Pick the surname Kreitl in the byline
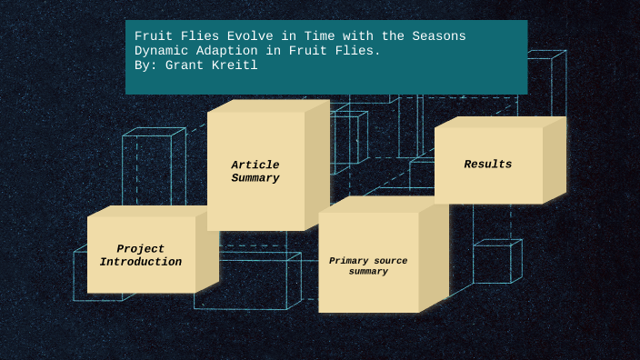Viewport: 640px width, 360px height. click(x=236, y=65)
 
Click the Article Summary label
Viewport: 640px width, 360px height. click(x=255, y=172)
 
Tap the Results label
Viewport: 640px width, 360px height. click(x=488, y=165)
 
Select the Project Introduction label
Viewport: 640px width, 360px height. click(x=141, y=255)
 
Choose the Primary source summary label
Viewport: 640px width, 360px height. click(x=368, y=265)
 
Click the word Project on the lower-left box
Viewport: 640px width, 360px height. click(x=141, y=249)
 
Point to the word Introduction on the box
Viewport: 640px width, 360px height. click(x=141, y=262)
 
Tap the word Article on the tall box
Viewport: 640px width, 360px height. click(x=255, y=165)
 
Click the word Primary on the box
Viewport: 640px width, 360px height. click(x=348, y=261)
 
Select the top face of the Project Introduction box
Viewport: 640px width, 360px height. click(x=150, y=211)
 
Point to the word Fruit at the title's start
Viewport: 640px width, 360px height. click(x=153, y=36)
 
